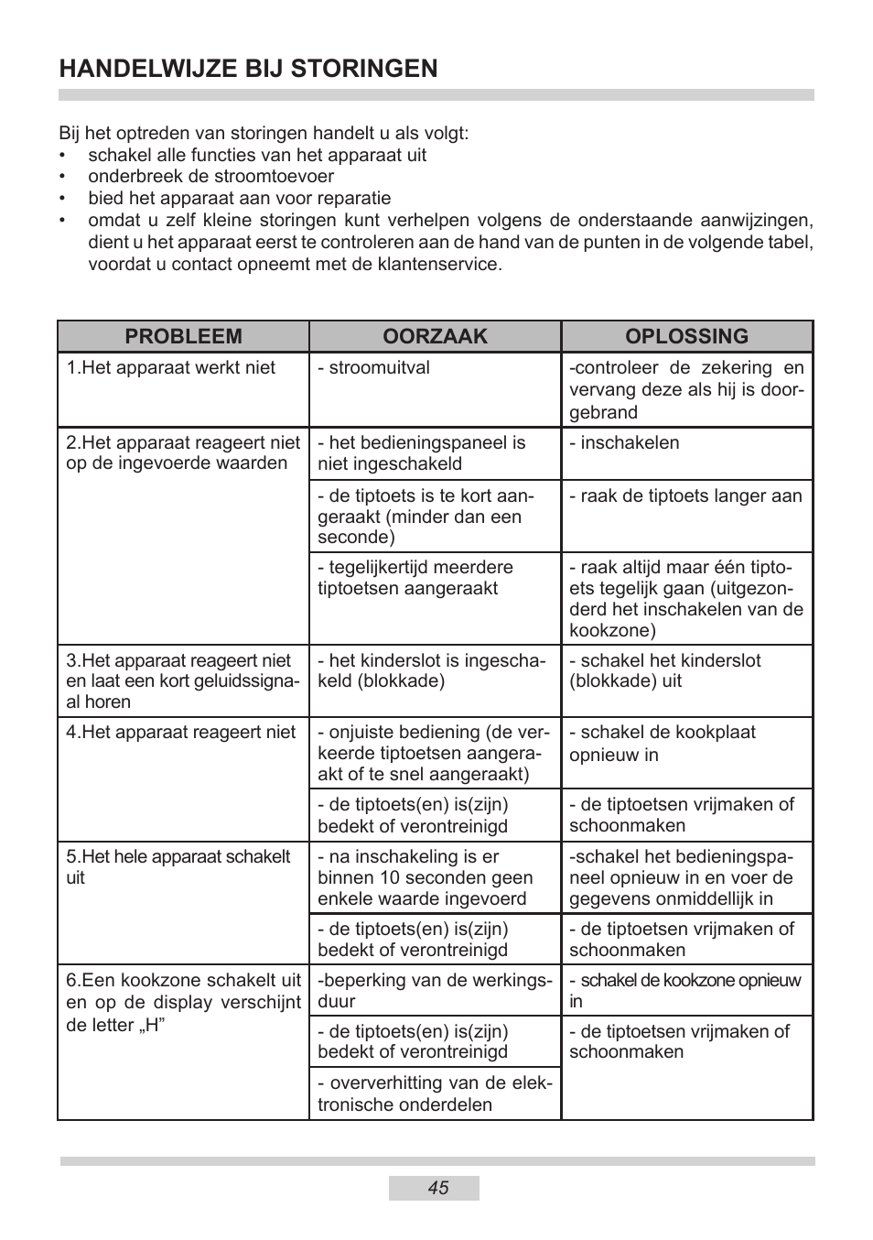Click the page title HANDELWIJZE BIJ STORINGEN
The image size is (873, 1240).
click(248, 69)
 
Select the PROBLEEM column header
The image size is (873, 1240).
click(183, 336)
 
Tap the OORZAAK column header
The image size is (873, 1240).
click(435, 336)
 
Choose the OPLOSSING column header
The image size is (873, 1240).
click(686, 336)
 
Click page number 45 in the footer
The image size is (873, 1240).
click(437, 1188)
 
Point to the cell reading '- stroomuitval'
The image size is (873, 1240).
click(373, 368)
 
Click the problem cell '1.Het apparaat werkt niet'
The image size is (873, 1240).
click(170, 368)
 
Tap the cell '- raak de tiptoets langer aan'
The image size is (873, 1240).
click(685, 496)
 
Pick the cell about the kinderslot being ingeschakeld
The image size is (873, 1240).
click(431, 671)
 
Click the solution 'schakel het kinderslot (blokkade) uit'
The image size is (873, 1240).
click(664, 671)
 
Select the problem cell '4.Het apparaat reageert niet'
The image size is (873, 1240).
click(181, 733)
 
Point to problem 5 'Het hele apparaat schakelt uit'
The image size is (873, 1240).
click(178, 866)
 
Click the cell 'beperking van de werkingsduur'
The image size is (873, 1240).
click(435, 990)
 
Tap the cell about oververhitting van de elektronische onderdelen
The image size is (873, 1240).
click(435, 1093)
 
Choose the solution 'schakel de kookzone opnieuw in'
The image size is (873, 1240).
click(684, 990)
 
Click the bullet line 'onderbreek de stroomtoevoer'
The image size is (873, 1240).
click(210, 177)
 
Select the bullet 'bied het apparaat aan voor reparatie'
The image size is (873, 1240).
click(239, 199)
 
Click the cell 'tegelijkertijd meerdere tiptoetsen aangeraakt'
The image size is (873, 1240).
click(415, 578)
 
